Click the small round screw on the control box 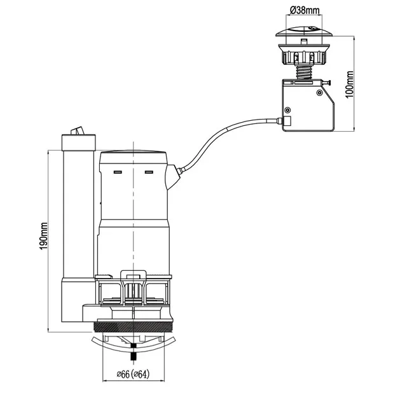[x=288, y=109]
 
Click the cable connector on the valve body [x=173, y=176]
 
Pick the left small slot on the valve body [x=117, y=172]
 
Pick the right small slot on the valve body [x=149, y=172]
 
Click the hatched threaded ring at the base [x=133, y=327]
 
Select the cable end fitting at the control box [x=285, y=120]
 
